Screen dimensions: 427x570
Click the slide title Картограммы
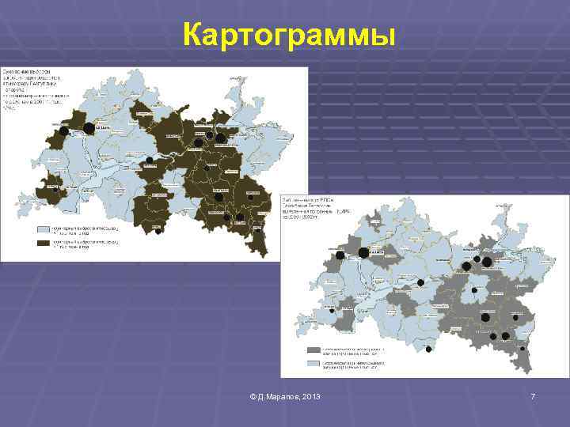pyautogui.click(x=287, y=36)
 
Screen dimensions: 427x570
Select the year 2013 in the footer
pyautogui.click(x=310, y=395)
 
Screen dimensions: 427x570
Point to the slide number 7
pyautogui.click(x=533, y=395)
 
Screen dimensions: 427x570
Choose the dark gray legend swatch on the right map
pyautogui.click(x=313, y=349)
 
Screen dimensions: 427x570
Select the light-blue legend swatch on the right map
pyautogui.click(x=313, y=364)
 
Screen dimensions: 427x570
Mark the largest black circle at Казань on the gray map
pyautogui.click(x=363, y=253)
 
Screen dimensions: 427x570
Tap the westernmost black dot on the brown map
pyautogui.click(x=54, y=190)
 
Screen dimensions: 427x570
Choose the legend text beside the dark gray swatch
pyautogui.click(x=348, y=349)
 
